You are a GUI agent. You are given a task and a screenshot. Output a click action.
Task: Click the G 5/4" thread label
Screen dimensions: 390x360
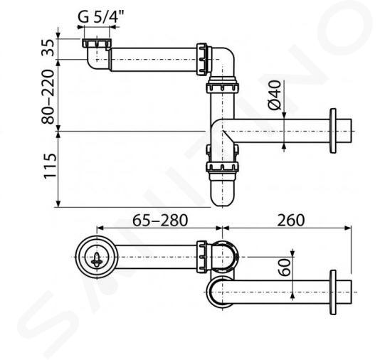click(101, 16)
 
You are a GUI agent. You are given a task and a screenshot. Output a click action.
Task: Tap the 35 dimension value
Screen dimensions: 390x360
click(48, 48)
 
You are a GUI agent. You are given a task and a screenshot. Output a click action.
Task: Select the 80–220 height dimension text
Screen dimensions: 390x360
click(48, 97)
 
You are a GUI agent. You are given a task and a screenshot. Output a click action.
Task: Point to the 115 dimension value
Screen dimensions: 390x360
click(50, 166)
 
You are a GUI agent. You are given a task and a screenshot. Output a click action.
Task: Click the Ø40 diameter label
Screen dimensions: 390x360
click(274, 95)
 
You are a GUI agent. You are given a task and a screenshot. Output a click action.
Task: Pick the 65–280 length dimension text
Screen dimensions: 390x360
click(160, 221)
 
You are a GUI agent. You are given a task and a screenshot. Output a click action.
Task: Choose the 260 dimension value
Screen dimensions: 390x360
click(291, 221)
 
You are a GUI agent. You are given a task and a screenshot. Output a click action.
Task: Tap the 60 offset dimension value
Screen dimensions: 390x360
click(285, 268)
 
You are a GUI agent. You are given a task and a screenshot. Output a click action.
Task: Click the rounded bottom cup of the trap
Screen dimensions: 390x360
click(222, 192)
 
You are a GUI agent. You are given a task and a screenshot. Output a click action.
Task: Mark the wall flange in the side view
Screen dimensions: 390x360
click(333, 131)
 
